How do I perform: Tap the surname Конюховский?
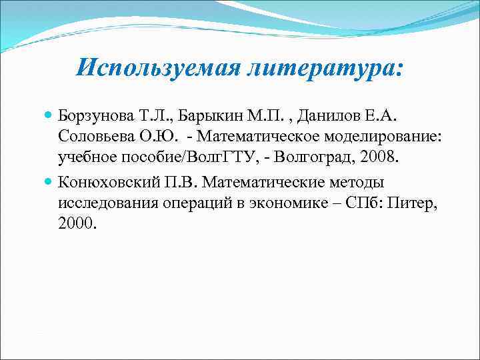click(x=110, y=183)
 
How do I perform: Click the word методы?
click(x=359, y=183)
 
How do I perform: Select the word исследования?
click(x=107, y=201)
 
